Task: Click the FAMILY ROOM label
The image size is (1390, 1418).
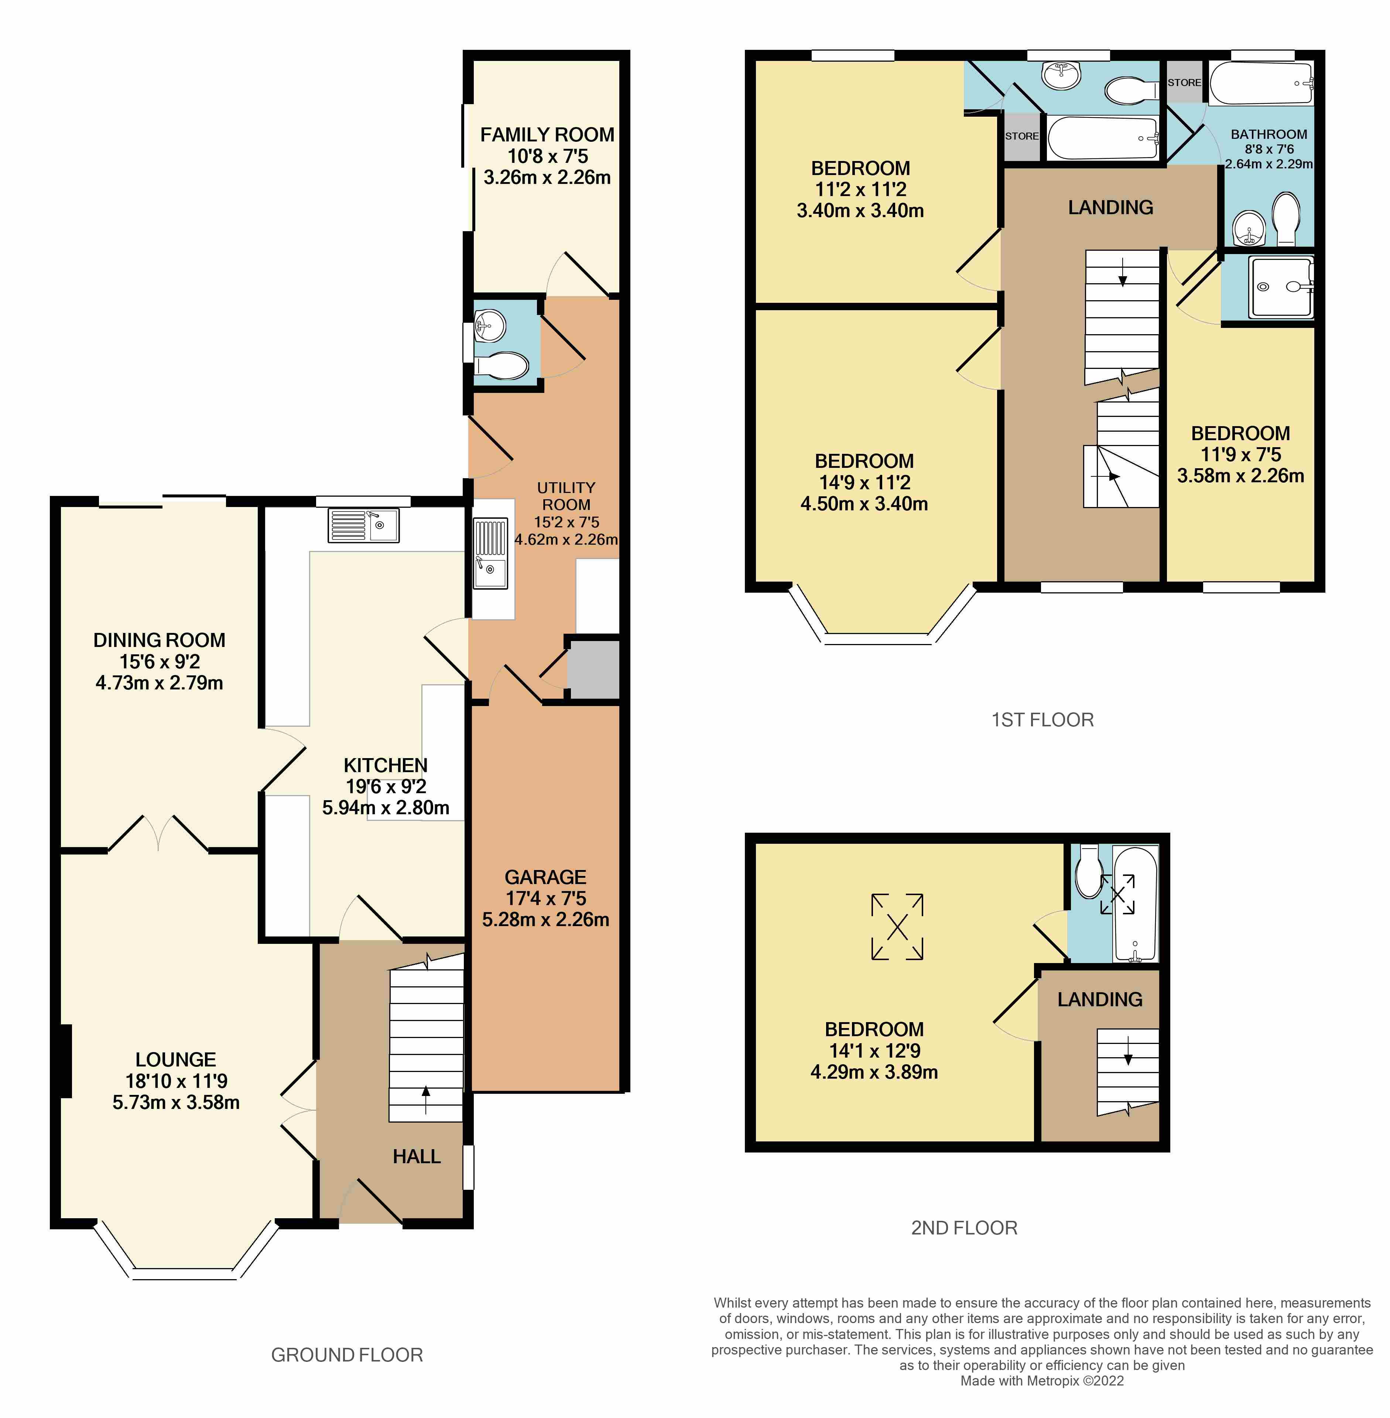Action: (x=547, y=135)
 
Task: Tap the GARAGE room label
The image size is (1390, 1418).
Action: (x=545, y=877)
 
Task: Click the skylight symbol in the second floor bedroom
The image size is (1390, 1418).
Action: (x=897, y=927)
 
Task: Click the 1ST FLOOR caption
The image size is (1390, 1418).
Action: (x=1042, y=720)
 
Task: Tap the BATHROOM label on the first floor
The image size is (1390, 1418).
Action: (x=1269, y=134)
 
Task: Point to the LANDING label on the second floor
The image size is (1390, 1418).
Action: (x=1100, y=1000)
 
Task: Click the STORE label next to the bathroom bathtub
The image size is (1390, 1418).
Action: (x=1184, y=82)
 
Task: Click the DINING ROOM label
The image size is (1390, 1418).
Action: (x=159, y=640)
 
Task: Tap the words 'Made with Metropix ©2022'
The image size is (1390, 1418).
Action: (x=1042, y=1381)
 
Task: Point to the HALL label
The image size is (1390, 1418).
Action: (x=417, y=1157)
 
